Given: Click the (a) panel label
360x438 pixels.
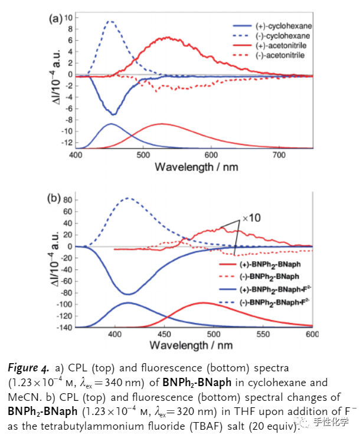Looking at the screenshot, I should [x=55, y=18].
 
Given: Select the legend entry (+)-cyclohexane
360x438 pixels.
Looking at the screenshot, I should [x=284, y=27].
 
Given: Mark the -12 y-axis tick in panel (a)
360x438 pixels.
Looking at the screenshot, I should [x=67, y=142].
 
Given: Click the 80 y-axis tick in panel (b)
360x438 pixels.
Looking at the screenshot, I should [x=66, y=200].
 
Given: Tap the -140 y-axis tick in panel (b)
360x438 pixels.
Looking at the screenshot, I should [x=64, y=327].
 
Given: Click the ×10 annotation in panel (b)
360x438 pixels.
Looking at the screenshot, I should [x=251, y=218].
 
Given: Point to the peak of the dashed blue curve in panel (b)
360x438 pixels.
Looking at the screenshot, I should [x=127, y=198].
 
